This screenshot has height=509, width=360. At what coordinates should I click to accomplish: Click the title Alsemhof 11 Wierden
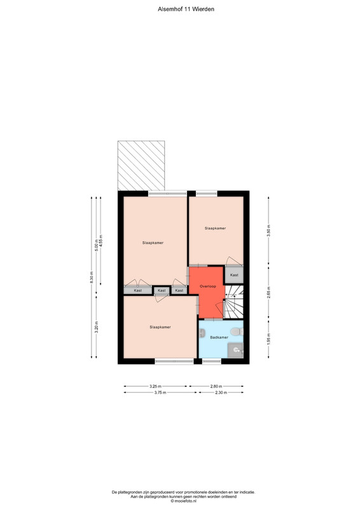186,10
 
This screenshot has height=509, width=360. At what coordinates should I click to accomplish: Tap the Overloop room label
208,286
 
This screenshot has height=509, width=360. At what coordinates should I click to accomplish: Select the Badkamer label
219,337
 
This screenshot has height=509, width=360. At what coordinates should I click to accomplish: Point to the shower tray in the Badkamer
235,351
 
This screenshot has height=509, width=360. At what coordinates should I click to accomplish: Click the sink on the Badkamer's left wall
202,333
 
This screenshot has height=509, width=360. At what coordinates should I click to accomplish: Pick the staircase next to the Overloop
234,302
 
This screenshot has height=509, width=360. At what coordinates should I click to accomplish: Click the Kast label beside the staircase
234,275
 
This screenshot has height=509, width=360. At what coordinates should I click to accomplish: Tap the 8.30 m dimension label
92,277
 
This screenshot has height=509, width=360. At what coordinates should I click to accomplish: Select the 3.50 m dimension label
268,230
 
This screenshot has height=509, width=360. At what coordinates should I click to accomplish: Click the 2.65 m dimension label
268,292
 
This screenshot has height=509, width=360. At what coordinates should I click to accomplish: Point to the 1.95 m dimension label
268,339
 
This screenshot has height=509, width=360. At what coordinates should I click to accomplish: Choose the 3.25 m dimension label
155,386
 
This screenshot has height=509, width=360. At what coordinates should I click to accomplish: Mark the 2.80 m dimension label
216,386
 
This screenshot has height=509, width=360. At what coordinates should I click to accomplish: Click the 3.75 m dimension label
160,393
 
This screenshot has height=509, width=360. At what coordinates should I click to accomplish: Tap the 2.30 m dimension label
221,393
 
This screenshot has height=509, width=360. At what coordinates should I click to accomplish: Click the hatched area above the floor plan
141,165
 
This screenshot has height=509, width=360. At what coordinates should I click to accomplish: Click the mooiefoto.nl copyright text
183,501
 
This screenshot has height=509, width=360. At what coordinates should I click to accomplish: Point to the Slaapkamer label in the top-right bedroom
215,228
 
